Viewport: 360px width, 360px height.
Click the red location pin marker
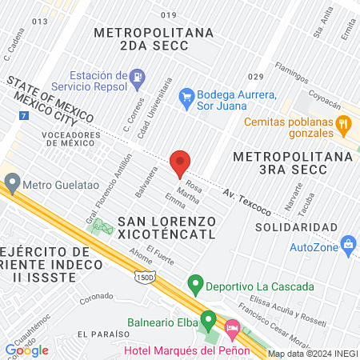pyautogui.click(x=180, y=162)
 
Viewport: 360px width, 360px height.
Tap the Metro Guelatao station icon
pyautogui.click(x=12, y=183)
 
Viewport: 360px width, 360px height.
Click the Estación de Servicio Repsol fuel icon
pyautogui.click(x=137, y=78)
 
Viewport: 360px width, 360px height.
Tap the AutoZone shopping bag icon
pyautogui.click(x=347, y=243)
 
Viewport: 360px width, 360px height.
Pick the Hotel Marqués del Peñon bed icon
pyautogui.click(x=233, y=328)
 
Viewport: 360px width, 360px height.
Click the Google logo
pyautogui.click(x=26, y=349)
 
